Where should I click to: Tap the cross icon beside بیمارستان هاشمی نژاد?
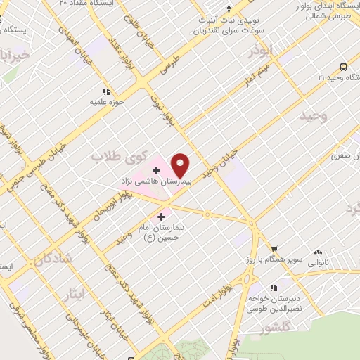coord(155,170)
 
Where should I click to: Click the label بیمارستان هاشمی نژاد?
coord(155,182)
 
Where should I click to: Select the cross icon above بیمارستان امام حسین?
coord(162,217)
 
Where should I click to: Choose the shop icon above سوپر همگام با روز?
coord(274,248)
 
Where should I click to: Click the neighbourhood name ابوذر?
coord(261,52)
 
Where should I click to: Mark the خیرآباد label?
coord(15,55)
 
